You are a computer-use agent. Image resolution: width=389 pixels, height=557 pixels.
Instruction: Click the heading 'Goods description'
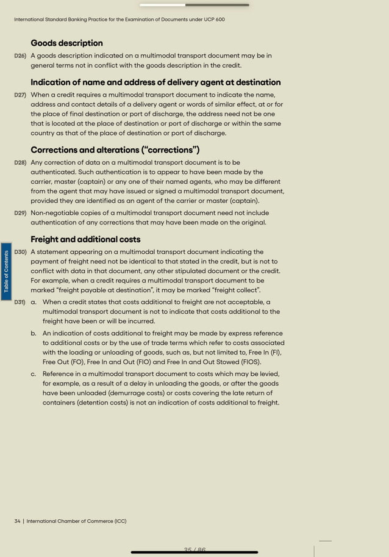tap(66, 43)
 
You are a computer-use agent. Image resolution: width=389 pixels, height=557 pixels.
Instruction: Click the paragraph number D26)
tap(20, 56)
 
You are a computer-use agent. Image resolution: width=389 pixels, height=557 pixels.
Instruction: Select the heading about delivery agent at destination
tap(155, 82)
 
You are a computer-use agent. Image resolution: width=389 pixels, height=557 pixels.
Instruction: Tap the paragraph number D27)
tap(20, 95)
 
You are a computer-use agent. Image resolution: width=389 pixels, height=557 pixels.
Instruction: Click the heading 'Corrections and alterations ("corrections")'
tap(115, 150)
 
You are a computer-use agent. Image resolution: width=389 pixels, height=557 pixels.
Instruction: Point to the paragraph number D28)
tap(20, 164)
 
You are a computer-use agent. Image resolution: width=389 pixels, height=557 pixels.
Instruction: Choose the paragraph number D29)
tap(20, 214)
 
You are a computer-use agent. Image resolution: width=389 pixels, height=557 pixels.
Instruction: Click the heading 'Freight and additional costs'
tap(85, 239)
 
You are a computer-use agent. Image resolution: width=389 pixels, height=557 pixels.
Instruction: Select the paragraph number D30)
tap(20, 252)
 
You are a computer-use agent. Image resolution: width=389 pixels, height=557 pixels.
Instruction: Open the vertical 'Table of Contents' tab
tap(6, 271)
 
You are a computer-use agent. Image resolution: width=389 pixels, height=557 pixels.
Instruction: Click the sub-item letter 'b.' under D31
tap(34, 334)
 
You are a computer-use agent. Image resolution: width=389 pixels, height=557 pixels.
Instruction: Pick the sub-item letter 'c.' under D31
tap(34, 374)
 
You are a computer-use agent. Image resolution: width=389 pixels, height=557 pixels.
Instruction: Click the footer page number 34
tap(17, 521)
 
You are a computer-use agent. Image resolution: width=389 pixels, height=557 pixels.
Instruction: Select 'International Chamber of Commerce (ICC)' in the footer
tap(76, 521)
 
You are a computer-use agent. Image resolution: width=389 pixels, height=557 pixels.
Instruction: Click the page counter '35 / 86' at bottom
tap(194, 550)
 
